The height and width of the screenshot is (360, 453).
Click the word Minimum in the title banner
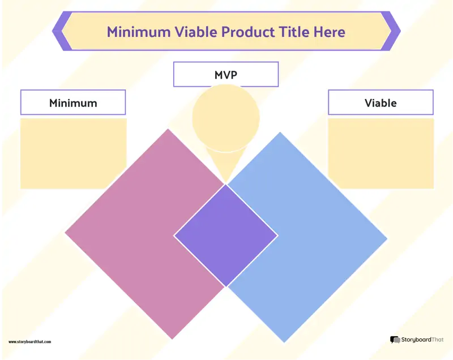point(139,32)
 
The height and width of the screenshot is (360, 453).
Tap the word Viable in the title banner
point(196,32)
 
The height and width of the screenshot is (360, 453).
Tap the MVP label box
point(226,74)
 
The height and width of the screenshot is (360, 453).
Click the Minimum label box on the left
point(73,102)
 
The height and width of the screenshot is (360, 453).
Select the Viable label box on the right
point(381,102)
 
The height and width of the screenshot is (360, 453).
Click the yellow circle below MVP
point(226,118)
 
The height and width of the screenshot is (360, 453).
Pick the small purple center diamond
point(226,235)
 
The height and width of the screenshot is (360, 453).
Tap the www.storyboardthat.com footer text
point(30,342)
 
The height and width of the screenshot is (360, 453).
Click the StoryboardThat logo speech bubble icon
point(395,340)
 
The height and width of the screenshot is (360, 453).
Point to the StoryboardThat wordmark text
point(422,340)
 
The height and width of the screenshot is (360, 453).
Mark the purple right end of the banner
point(391,31)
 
